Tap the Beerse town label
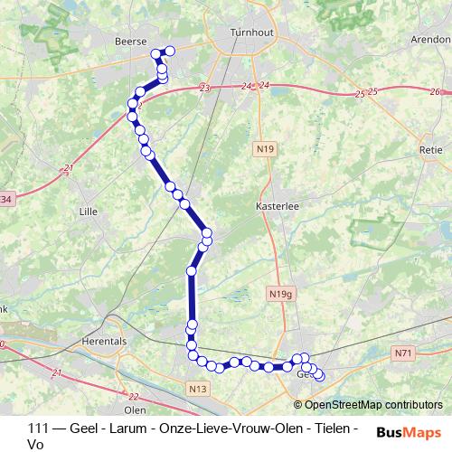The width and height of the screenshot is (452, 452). [x=131, y=41]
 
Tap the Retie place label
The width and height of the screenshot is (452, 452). [x=429, y=149]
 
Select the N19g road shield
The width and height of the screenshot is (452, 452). [x=281, y=294]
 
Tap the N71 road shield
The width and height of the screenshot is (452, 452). [x=403, y=352]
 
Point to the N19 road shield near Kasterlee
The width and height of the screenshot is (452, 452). [x=265, y=147]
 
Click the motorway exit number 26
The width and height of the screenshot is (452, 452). [x=435, y=92]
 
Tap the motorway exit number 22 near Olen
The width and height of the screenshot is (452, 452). [x=133, y=396]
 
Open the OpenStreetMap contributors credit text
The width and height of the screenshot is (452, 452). [x=372, y=405]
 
